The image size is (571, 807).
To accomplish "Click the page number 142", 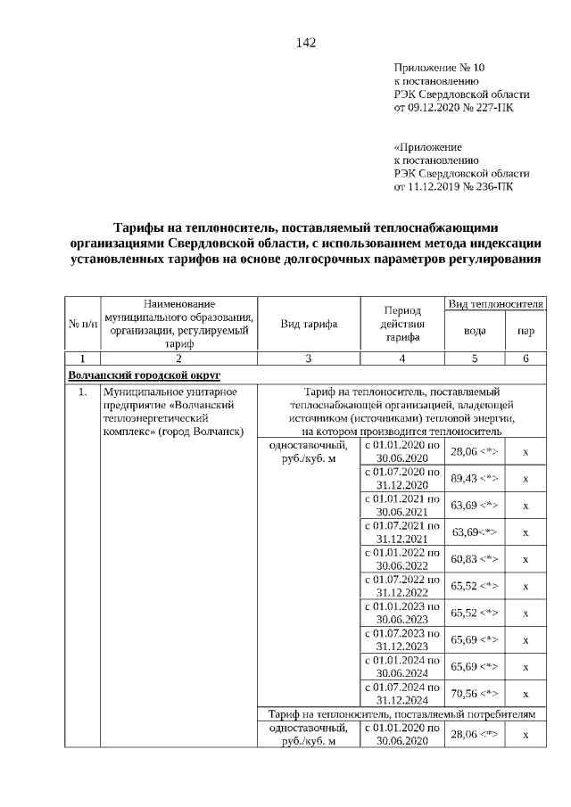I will point(306,43).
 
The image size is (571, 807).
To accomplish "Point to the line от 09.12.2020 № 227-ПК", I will point(453,108).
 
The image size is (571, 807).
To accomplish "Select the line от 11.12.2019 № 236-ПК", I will point(453,187).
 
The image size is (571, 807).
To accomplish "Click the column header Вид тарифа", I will point(308,324).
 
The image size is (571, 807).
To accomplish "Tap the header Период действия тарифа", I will point(402,324).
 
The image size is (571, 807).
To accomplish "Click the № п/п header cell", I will point(83,324).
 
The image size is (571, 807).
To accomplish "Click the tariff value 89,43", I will point(474,479).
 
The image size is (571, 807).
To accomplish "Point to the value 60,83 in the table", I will point(474,559).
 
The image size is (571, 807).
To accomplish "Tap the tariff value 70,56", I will point(474,693).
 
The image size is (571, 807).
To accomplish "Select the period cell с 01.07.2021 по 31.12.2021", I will point(403,532).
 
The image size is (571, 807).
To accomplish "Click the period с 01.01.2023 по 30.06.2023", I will point(403,613).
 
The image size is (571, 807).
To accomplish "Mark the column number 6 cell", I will point(525,358).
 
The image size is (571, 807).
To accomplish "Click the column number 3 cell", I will point(308,358).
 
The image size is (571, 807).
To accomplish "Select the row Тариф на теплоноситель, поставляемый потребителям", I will point(402,714).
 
